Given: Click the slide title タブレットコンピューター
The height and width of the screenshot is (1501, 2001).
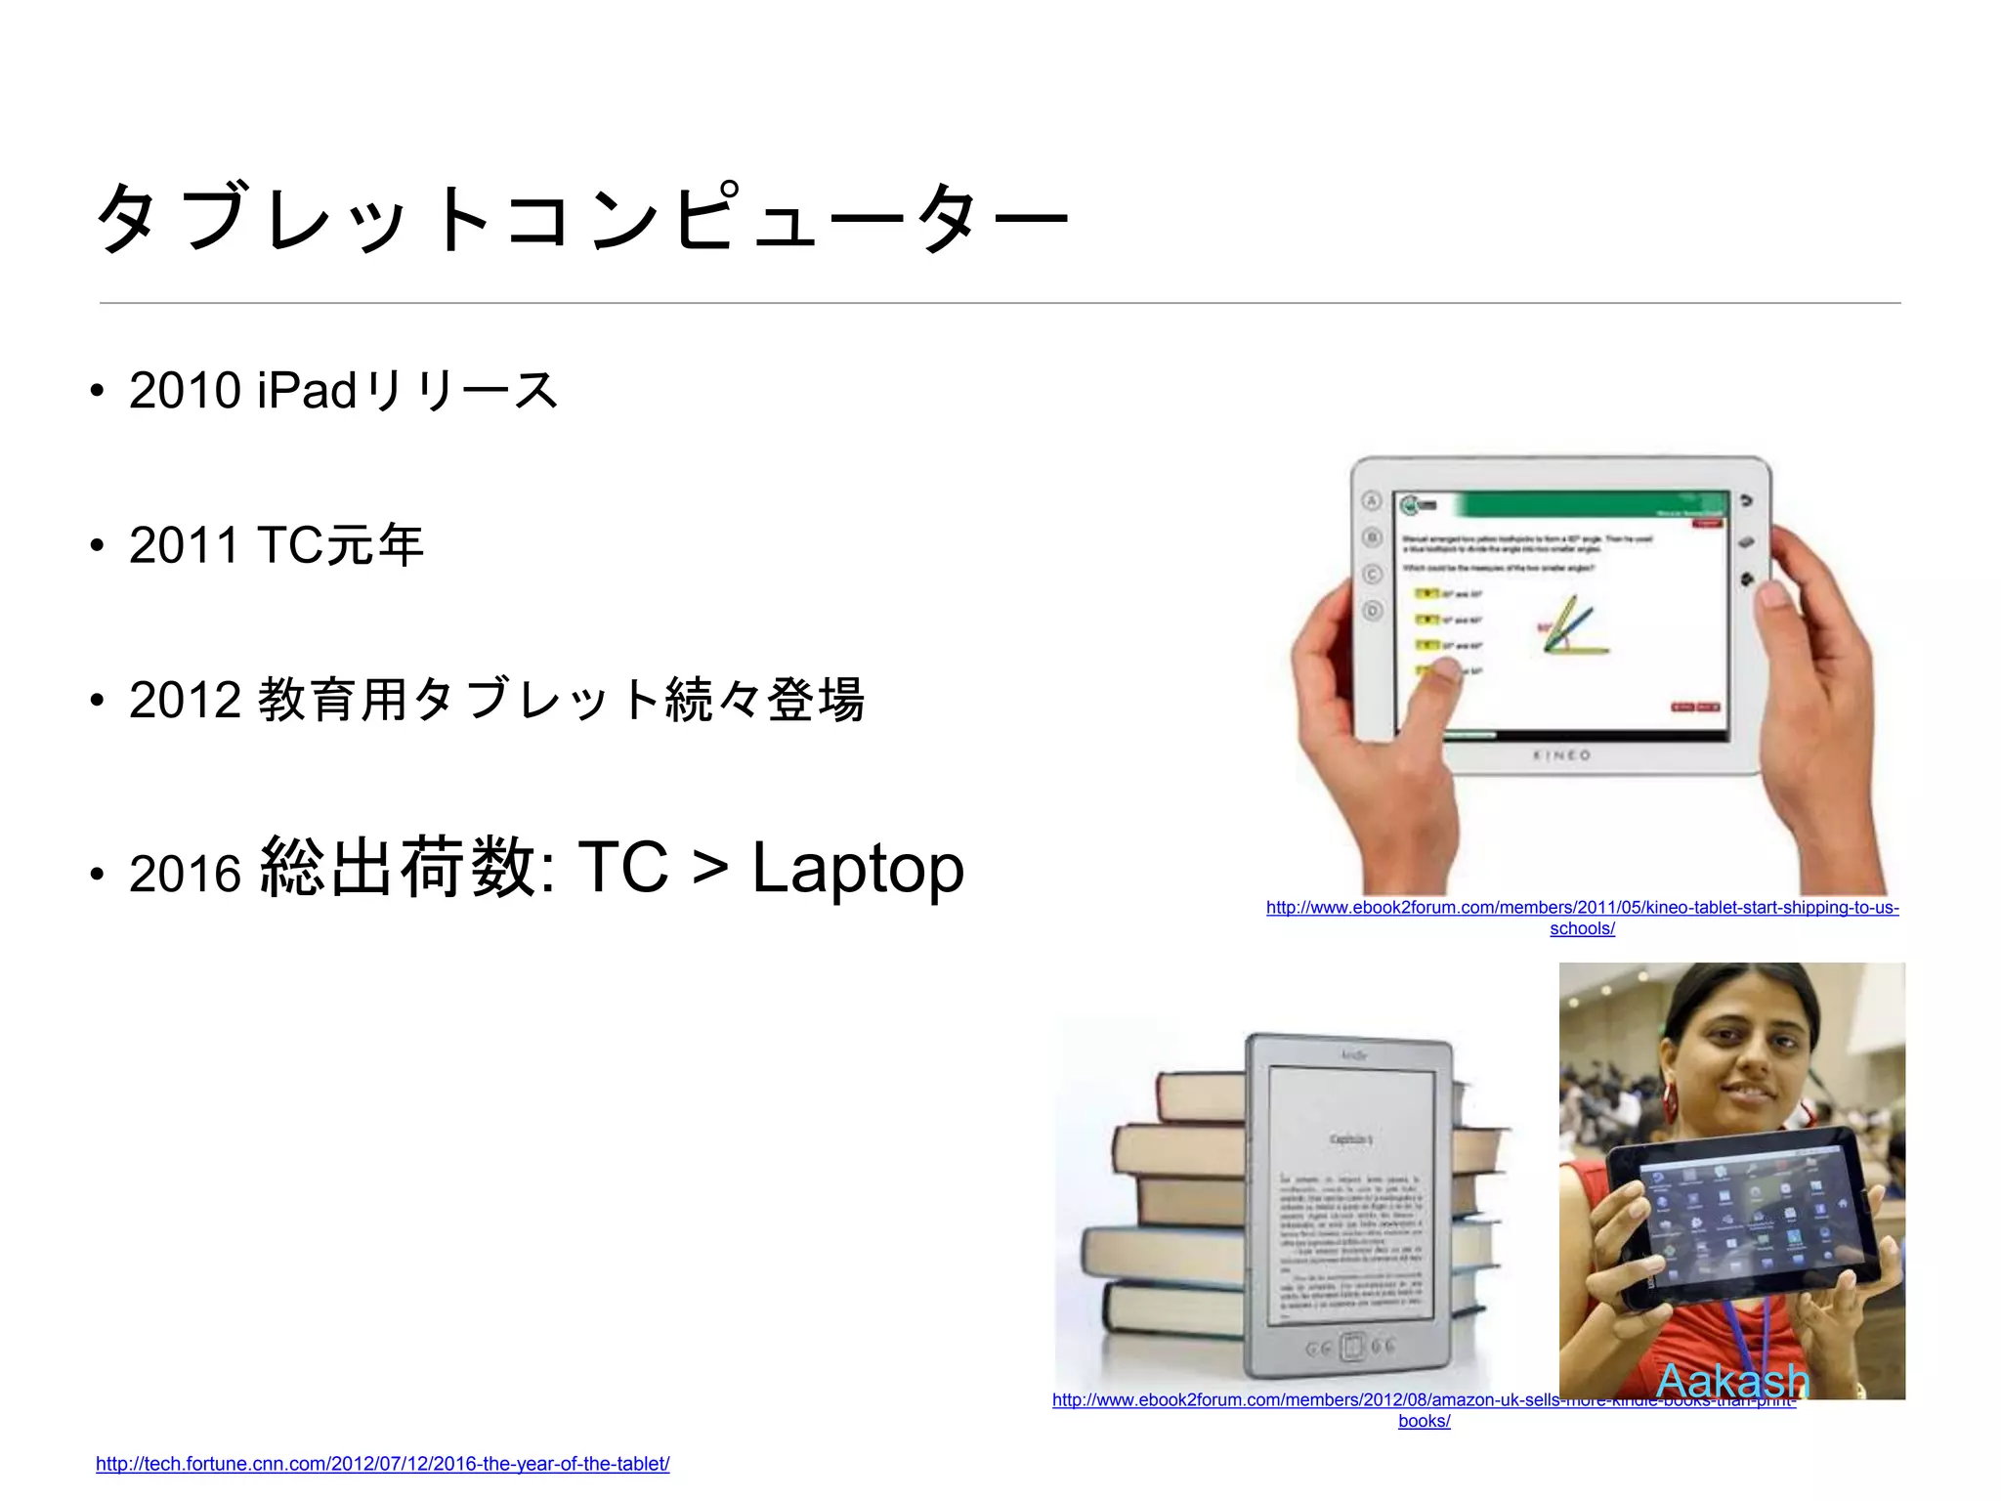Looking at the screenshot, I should pyautogui.click(x=582, y=218).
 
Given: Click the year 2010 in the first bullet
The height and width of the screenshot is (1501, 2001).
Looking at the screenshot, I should pyautogui.click(x=185, y=391).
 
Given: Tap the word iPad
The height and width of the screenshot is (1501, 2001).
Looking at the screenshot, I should pyautogui.click(x=307, y=391).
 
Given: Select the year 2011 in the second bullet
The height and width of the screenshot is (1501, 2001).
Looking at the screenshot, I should pyautogui.click(x=185, y=545).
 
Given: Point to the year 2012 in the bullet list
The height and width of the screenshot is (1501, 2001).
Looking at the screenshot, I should pyautogui.click(x=185, y=701).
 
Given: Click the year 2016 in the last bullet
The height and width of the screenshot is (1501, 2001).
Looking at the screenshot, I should pyautogui.click(x=185, y=873).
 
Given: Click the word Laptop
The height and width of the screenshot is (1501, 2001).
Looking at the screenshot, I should pyautogui.click(x=858, y=869).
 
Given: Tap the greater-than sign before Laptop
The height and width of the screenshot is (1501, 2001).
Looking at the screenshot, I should pyautogui.click(x=710, y=869).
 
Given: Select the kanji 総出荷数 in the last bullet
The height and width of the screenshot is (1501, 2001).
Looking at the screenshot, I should pyautogui.click(x=399, y=867).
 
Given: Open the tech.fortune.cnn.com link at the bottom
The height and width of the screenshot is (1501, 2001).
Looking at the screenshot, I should pyautogui.click(x=382, y=1464).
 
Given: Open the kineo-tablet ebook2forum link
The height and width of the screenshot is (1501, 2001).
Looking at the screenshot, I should pyautogui.click(x=1582, y=908).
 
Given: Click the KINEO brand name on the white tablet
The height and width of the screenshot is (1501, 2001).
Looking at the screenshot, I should pyautogui.click(x=1561, y=755).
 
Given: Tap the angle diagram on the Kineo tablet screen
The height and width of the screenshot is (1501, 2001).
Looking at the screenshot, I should pyautogui.click(x=1573, y=626).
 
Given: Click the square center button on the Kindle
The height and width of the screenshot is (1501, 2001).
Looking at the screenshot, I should pyautogui.click(x=1351, y=1348).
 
